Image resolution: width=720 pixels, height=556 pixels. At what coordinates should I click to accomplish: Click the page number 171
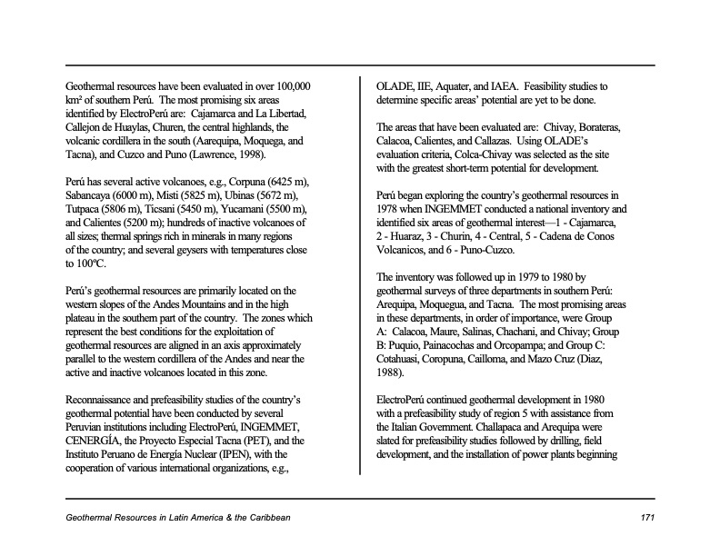(646, 517)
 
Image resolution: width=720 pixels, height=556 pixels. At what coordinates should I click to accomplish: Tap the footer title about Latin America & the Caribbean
(178, 517)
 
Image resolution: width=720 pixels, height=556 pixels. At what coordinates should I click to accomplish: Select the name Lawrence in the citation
(223, 155)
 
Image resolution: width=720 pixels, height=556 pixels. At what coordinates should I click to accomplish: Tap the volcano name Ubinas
(245, 194)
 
